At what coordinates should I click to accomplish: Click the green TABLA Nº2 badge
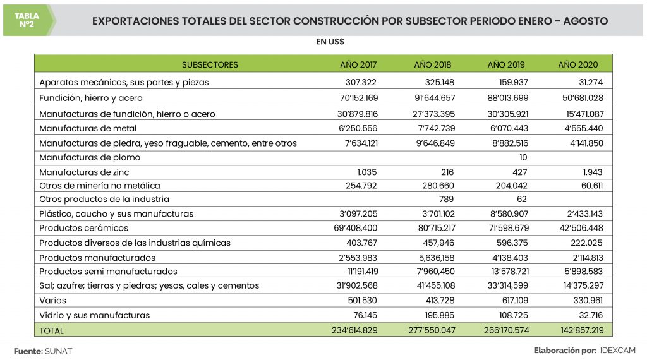[27, 20]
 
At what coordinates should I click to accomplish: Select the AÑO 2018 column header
[432, 64]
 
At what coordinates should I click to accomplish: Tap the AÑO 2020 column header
[577, 64]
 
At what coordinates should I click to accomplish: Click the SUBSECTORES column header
[210, 64]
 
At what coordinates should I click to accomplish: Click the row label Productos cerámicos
[83, 228]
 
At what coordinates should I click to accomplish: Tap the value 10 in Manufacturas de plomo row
[523, 157]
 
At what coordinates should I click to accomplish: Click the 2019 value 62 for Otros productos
[522, 200]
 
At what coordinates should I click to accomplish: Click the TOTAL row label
[51, 330]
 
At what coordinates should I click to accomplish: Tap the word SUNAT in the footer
[59, 351]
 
